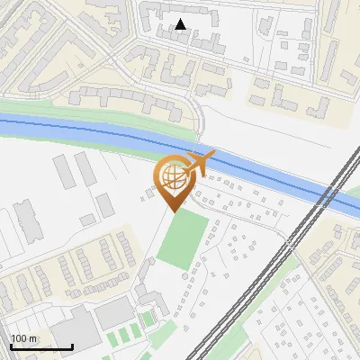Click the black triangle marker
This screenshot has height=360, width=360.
pyautogui.click(x=181, y=24)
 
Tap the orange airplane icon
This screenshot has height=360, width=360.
pyautogui.click(x=199, y=164)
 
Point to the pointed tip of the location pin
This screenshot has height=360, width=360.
pyautogui.click(x=172, y=212)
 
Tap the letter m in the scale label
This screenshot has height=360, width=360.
pyautogui.click(x=33, y=338)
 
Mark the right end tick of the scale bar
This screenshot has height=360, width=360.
pyautogui.click(x=72, y=346)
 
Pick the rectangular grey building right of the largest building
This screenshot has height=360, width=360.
pyautogui.click(x=114, y=313)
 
